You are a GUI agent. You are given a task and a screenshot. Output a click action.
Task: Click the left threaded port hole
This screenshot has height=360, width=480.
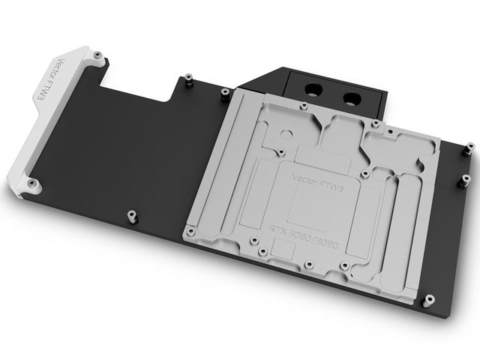[x=314, y=90]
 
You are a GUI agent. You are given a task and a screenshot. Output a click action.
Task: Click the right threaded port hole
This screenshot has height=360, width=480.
[x=352, y=99]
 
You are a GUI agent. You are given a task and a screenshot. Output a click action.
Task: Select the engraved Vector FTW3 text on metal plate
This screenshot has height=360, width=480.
[x=318, y=183]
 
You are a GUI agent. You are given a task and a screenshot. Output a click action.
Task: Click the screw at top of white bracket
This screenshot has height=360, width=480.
[x=98, y=55]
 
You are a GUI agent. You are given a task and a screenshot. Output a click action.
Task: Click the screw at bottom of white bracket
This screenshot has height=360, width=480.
[x=31, y=183]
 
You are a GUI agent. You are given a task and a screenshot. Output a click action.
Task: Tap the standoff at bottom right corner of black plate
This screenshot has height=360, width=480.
[x=429, y=301]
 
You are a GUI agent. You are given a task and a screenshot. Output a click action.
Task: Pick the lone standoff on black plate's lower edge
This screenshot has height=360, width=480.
[x=132, y=216]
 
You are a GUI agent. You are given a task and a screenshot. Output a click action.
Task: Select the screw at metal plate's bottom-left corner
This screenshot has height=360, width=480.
[x=191, y=231]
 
